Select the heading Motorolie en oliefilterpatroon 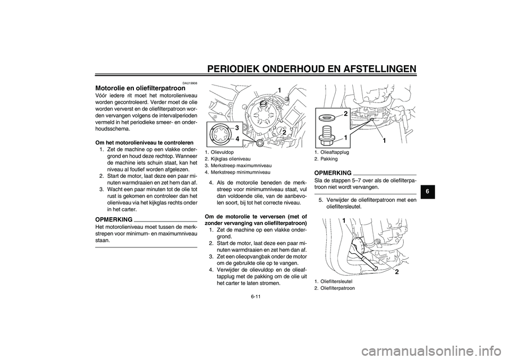140,89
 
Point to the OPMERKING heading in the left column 114,218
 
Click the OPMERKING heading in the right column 333,173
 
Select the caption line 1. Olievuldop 220,151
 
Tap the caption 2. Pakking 326,158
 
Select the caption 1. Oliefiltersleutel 334,281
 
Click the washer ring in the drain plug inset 326,115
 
